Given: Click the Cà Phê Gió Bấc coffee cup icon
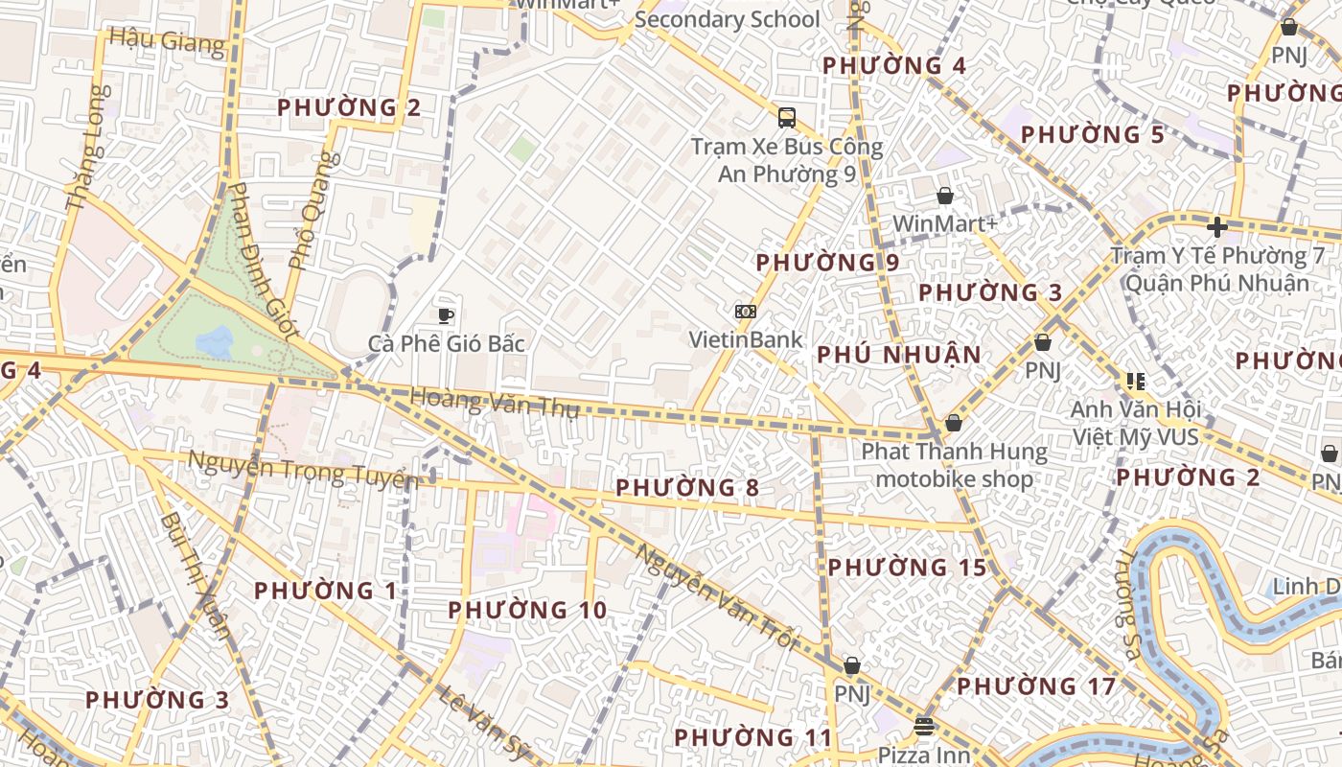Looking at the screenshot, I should [x=445, y=314].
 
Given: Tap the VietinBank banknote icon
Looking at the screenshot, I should [x=745, y=312].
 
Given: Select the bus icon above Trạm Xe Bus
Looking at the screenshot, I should [x=786, y=118].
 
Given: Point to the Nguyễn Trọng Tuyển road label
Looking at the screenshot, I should [x=303, y=469].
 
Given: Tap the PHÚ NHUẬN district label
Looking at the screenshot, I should [x=898, y=355].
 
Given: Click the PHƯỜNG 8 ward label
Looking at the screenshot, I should [x=686, y=488].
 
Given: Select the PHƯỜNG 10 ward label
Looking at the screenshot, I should [x=527, y=610].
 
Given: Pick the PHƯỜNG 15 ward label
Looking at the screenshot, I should [x=907, y=568].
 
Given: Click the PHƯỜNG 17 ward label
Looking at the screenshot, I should [x=1036, y=686].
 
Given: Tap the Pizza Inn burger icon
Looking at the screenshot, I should [x=924, y=726].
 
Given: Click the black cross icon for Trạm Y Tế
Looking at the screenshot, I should [x=1216, y=227].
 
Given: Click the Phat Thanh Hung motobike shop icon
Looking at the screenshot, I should [x=953, y=423].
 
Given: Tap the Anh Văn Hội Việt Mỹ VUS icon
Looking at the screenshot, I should [x=1136, y=382].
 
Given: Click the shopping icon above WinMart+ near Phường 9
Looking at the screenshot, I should [x=945, y=196].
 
